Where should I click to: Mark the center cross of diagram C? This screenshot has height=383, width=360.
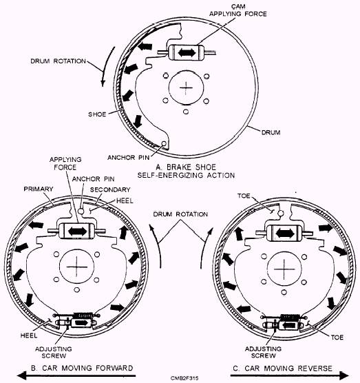[277, 265]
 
